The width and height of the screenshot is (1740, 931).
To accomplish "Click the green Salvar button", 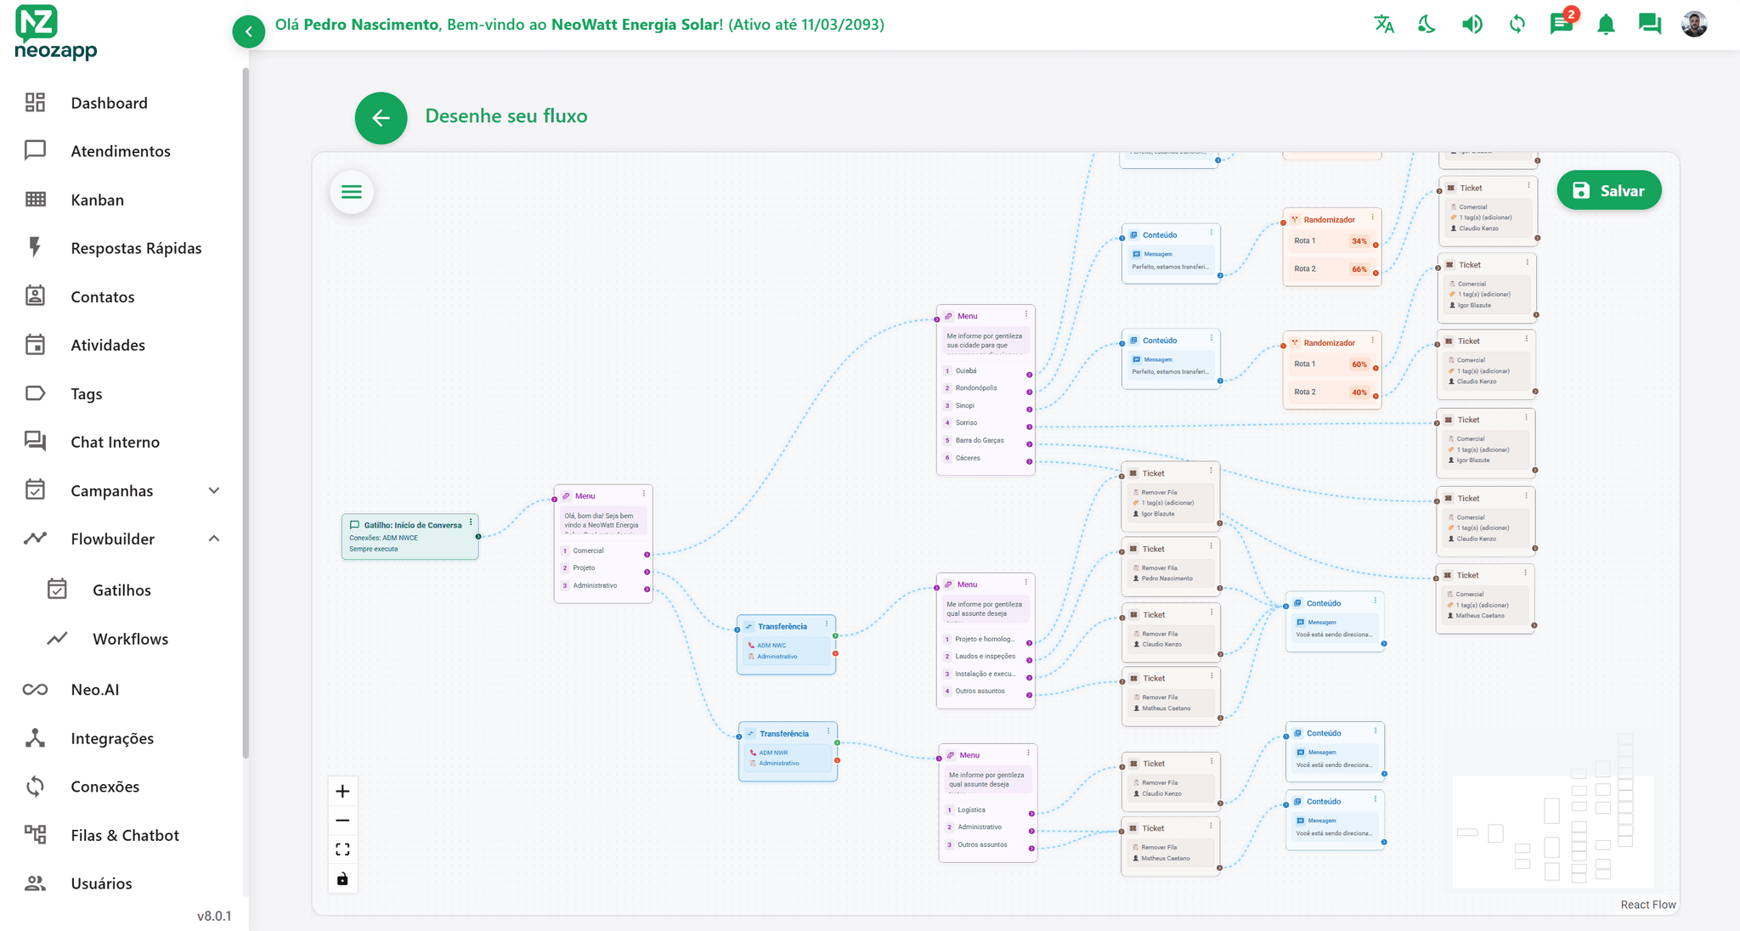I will pos(1608,191).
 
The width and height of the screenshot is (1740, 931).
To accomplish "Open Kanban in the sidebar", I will pos(97,200).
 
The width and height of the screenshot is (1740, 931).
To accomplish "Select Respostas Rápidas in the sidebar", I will pos(136,248).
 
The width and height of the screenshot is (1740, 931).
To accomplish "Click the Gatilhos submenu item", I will pos(121,590).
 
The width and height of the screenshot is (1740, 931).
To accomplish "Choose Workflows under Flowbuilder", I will pos(130,639).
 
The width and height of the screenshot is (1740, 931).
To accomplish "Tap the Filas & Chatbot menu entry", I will pos(125,835).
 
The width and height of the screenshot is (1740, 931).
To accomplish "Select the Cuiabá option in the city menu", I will pos(966,371).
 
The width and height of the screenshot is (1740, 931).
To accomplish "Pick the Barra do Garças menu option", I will pos(980,441).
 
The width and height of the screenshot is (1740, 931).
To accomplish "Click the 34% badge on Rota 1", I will pos(1359,241).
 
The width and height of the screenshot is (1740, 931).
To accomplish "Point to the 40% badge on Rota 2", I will pos(1359,392).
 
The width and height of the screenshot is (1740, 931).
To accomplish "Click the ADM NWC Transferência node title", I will pos(782,627).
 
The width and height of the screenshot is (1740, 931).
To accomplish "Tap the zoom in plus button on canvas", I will pos(342,792).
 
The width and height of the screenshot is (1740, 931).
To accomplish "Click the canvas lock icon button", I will pos(342,879).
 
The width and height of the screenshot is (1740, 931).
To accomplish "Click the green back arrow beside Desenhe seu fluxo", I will pos(381,118).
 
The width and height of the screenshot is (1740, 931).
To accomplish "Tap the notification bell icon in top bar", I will pos(1606,25).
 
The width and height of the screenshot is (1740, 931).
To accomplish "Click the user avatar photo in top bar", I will pos(1694,25).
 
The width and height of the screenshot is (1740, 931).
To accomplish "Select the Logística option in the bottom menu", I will pos(972,810).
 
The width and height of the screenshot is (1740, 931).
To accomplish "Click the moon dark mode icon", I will pos(1427,25).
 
